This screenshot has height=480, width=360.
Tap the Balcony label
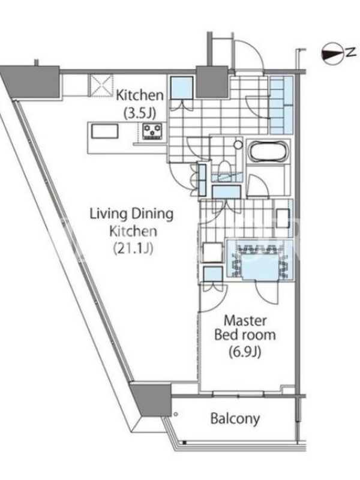pos(235,418)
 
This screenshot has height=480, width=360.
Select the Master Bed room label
pos(245,328)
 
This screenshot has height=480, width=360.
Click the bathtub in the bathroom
pos(268,151)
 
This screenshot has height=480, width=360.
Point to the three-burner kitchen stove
pos(152,131)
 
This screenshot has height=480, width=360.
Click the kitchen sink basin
pos(104,131)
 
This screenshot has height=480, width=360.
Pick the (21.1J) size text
pos(133,248)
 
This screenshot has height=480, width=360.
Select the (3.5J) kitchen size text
pos(140,113)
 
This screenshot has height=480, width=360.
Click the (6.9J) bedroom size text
pos(245,352)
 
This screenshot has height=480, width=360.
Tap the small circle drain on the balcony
pos(176,414)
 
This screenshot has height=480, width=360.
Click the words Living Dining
pos(131,214)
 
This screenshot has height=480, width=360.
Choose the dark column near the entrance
pos(212,82)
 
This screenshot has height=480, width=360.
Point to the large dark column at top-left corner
pos(31,82)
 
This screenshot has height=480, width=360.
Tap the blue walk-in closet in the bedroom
pos(260,260)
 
